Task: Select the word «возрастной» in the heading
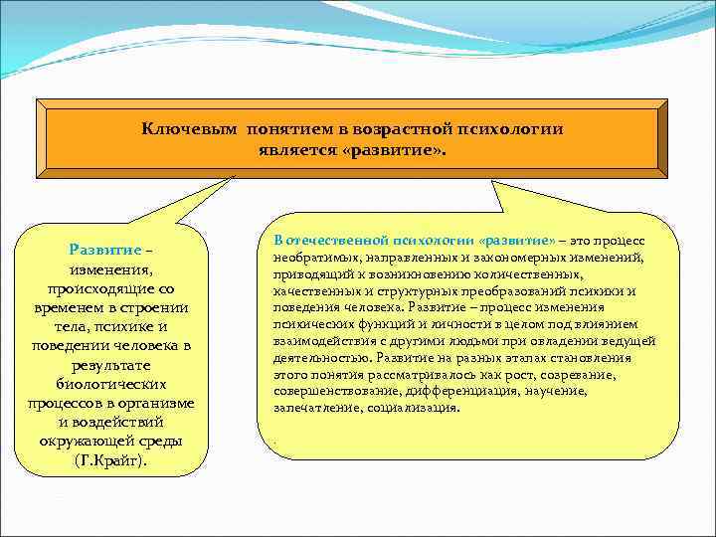(403, 129)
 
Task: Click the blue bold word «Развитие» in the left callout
(102, 250)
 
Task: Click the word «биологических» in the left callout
(111, 384)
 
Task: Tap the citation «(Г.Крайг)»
(109, 461)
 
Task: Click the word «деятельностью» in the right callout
(316, 357)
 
